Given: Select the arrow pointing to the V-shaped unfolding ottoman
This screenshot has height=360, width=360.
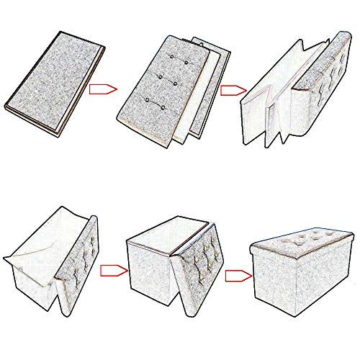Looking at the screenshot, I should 231,91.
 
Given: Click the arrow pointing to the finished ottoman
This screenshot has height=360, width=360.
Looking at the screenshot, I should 236,274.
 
